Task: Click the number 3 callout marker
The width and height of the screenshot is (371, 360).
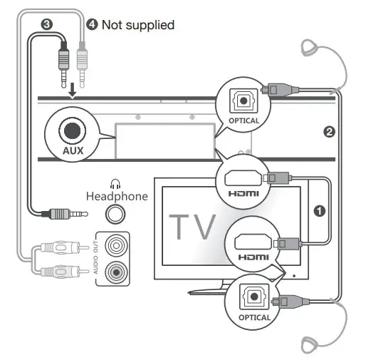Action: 47,24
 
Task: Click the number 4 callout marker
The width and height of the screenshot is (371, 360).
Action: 91,24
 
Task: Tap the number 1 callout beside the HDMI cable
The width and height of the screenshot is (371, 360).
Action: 320,211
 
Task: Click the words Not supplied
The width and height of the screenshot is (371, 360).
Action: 138,25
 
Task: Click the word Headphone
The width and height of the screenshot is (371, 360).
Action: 117,195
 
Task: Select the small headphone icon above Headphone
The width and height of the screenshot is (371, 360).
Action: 115,182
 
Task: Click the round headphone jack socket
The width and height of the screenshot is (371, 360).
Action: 116,213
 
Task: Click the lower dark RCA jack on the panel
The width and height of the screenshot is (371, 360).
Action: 116,271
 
